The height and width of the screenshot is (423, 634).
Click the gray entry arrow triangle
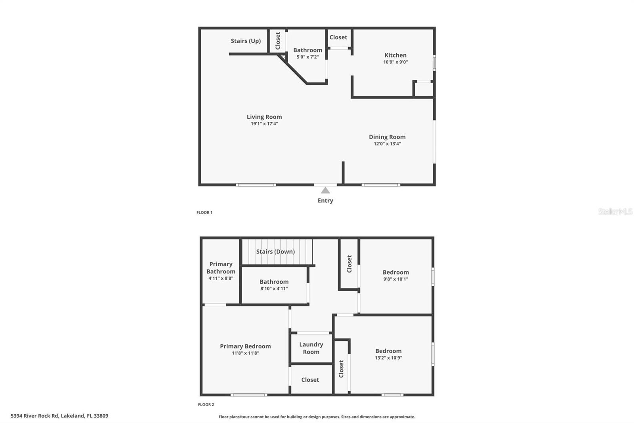[x=325, y=190]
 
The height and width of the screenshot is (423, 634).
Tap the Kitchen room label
[x=395, y=55]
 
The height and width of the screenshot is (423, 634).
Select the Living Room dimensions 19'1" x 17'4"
[x=264, y=124]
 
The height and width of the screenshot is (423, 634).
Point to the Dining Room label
[x=387, y=137]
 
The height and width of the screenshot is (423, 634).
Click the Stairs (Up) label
[x=246, y=41]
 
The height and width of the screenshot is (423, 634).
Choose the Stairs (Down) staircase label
[x=275, y=252]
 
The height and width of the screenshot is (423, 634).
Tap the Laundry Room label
[x=311, y=348]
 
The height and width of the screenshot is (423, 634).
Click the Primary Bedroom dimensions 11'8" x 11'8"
[x=245, y=353]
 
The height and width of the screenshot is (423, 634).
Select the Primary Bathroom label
[x=221, y=267]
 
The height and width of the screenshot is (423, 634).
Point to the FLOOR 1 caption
[x=204, y=212]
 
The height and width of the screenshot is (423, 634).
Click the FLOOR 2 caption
[x=206, y=405]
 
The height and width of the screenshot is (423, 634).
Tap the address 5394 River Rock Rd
[x=34, y=416]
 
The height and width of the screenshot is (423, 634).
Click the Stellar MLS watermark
[x=615, y=211]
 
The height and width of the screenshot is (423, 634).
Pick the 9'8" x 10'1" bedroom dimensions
[x=396, y=279]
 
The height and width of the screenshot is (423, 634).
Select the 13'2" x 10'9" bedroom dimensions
[x=388, y=358]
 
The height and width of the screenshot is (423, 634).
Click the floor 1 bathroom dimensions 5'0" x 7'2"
[x=307, y=57]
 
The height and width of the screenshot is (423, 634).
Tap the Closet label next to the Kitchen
[x=338, y=37]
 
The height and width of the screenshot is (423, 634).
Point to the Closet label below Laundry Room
[x=310, y=380]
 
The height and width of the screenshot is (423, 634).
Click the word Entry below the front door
[x=325, y=201]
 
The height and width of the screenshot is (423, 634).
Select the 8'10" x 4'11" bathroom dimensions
[x=274, y=288]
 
